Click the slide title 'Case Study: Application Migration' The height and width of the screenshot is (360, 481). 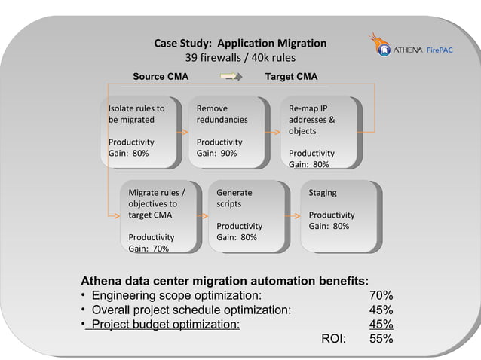(x=240, y=43)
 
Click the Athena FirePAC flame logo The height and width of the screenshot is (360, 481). (x=378, y=44)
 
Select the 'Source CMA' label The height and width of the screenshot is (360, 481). (x=161, y=77)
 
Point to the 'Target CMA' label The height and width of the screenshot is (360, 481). (x=291, y=77)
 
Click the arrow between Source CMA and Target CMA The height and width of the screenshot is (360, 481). (x=231, y=77)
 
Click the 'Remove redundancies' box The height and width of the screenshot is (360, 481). (x=228, y=131)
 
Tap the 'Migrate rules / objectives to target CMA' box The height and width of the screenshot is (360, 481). (x=159, y=215)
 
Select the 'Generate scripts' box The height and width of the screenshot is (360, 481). (x=247, y=215)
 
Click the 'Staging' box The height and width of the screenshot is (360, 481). (x=339, y=215)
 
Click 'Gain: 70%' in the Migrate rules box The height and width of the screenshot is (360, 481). (x=149, y=248)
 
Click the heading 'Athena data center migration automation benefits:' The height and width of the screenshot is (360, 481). (x=225, y=281)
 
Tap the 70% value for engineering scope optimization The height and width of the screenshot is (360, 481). (x=381, y=295)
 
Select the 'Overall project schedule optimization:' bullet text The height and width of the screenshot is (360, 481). (x=191, y=310)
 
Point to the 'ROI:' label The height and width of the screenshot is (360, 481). (x=333, y=339)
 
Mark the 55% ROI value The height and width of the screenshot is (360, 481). (x=381, y=339)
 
